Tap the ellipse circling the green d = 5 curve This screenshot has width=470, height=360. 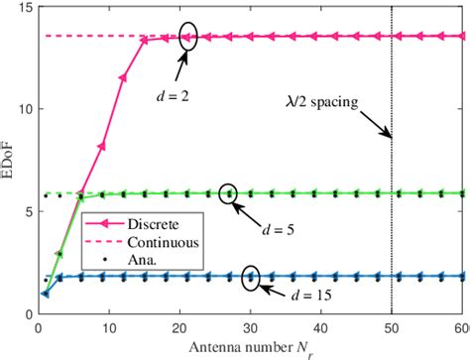[x=229, y=193]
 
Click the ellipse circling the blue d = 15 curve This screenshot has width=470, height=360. [x=251, y=278]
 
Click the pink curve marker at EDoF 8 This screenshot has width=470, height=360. [x=100, y=146]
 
